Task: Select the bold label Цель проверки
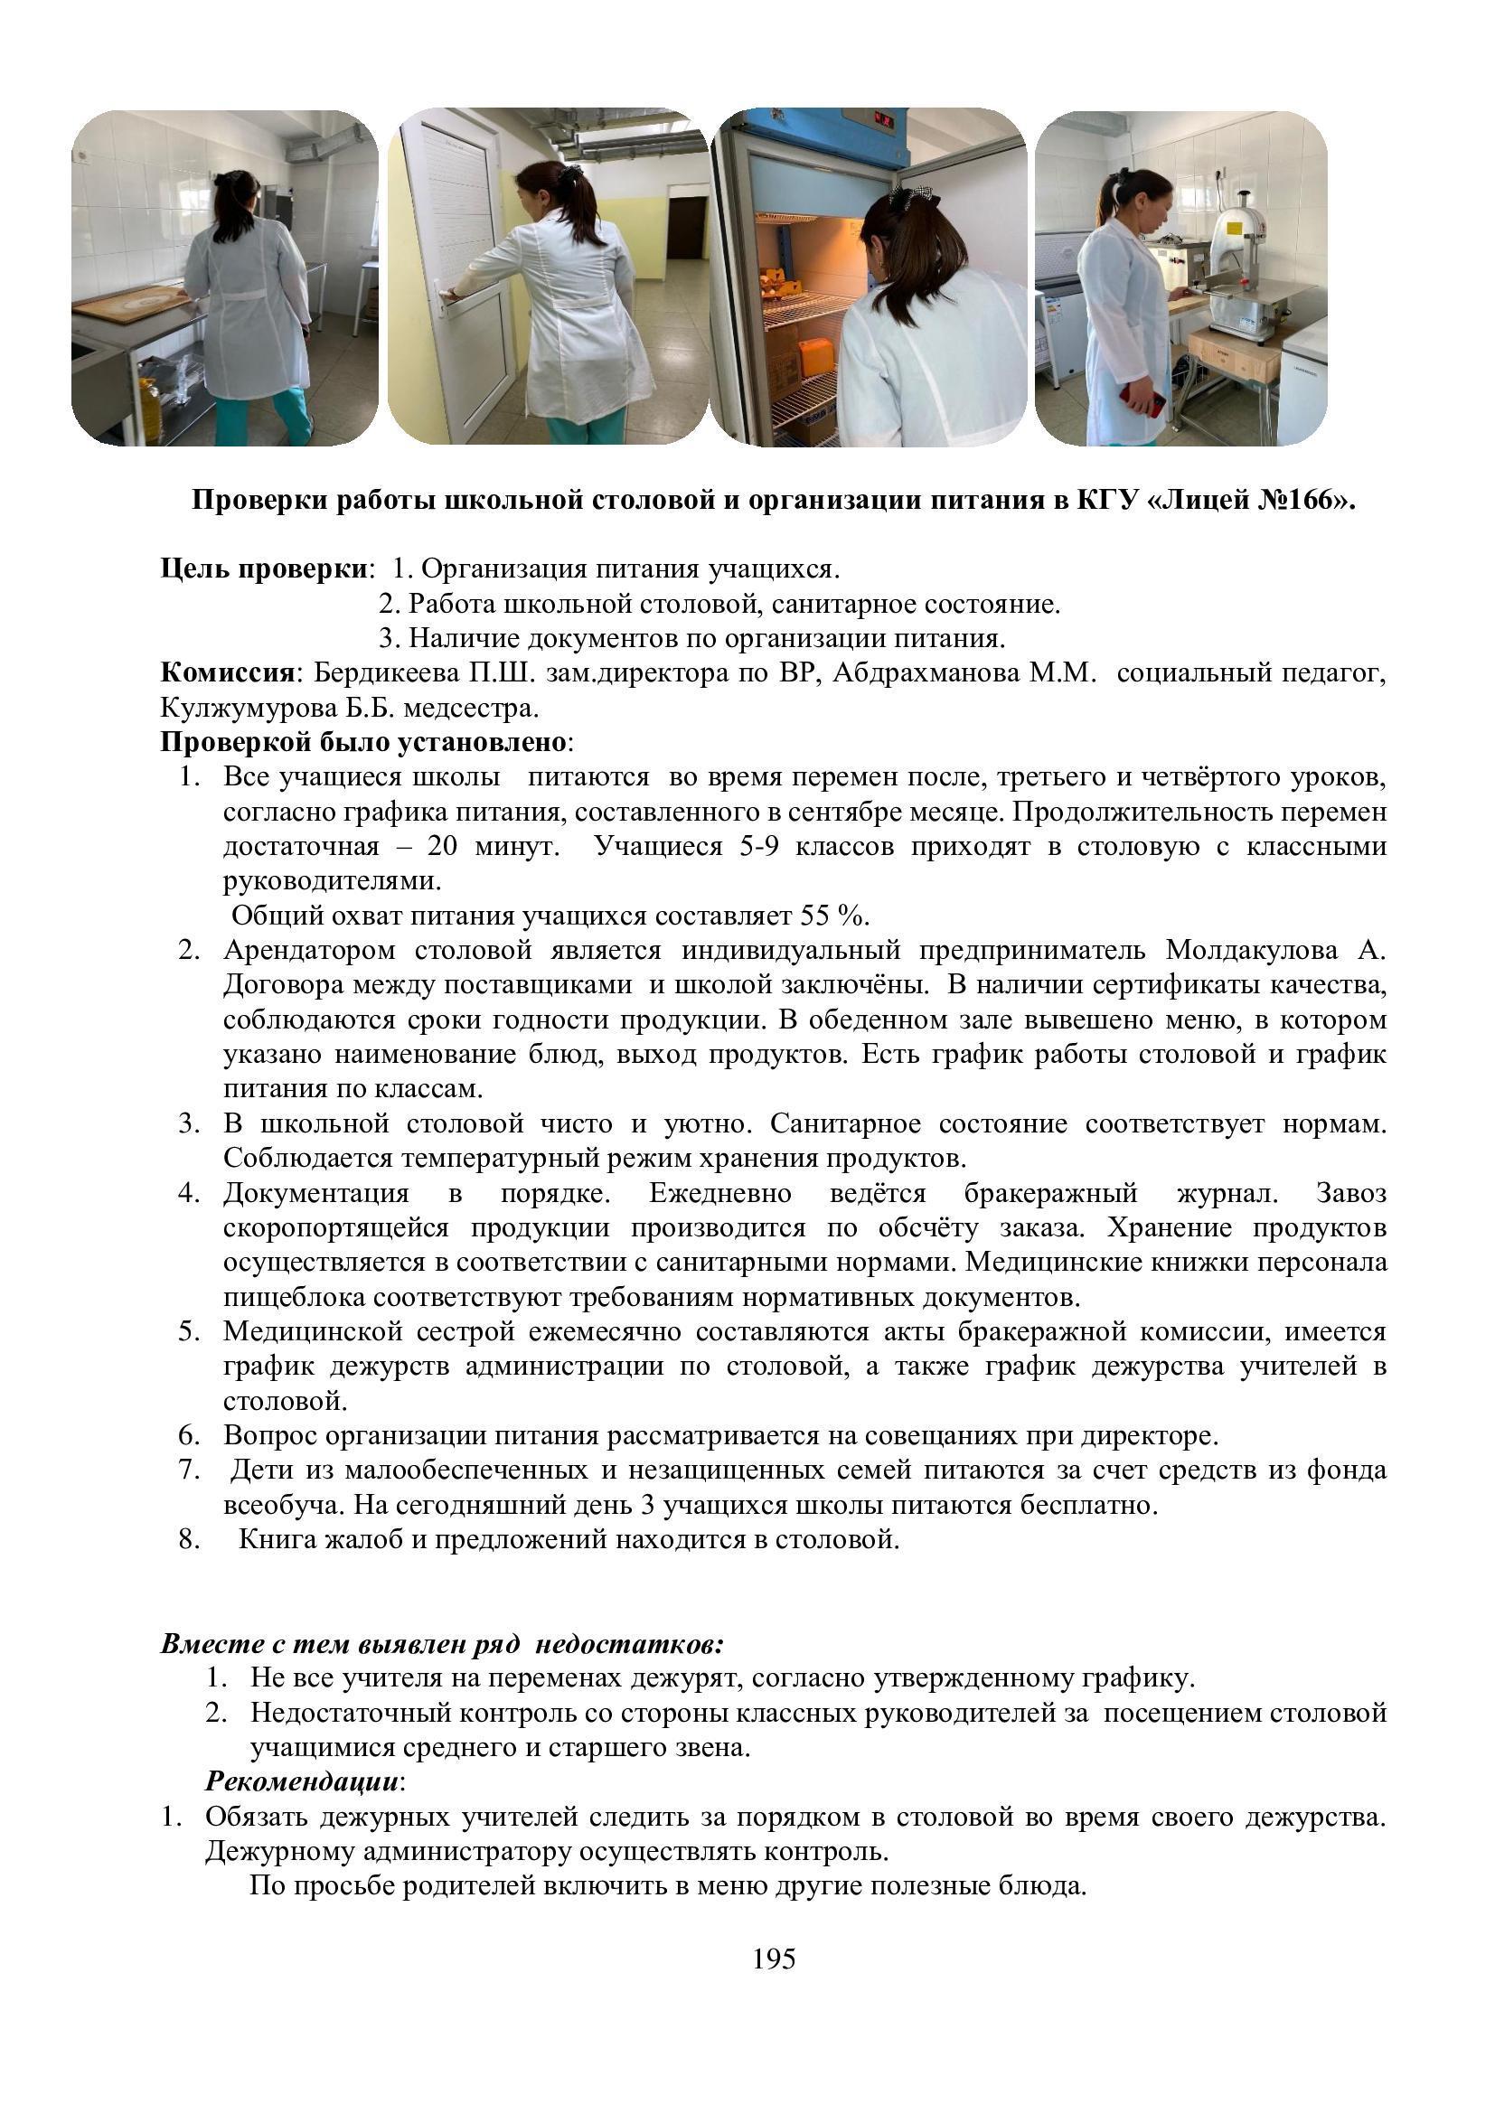pyautogui.click(x=263, y=569)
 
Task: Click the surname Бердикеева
pyautogui.click(x=385, y=673)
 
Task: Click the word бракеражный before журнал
pyautogui.click(x=1050, y=1193)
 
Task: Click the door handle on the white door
pyautogui.click(x=447, y=296)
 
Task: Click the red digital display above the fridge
pyautogui.click(x=885, y=120)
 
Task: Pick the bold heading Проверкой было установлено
pyautogui.click(x=363, y=742)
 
